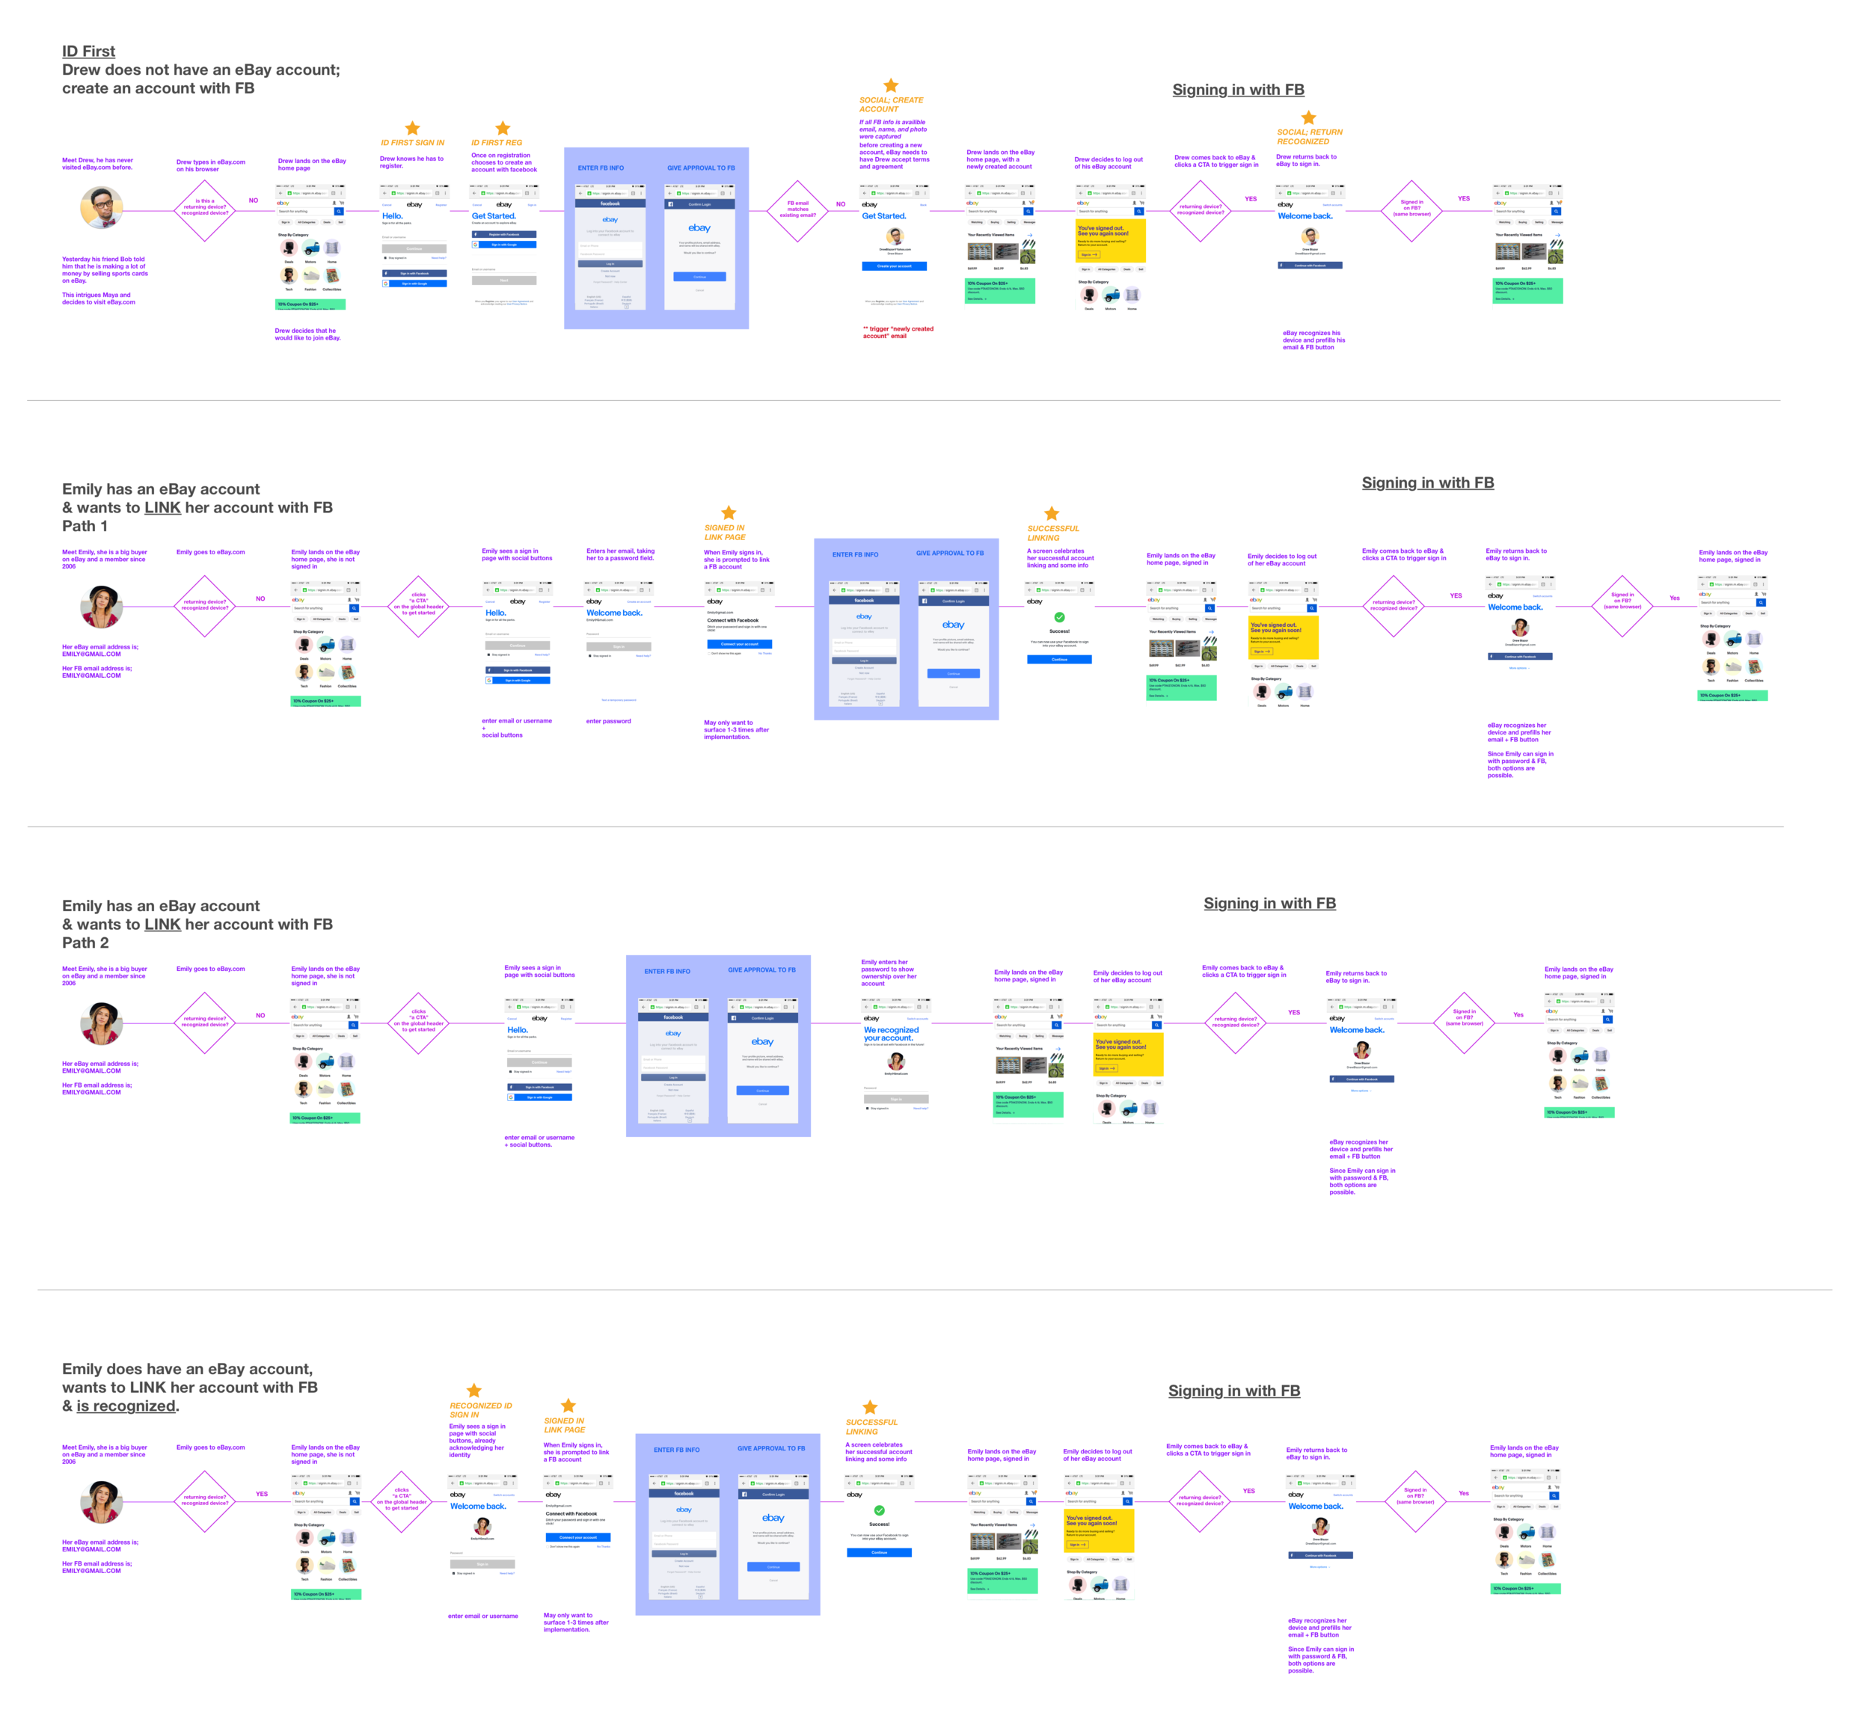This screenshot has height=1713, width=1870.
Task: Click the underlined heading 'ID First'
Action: pos(89,52)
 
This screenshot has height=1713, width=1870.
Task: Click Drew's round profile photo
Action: pos(102,208)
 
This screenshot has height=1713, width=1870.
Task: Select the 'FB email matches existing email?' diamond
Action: pos(797,210)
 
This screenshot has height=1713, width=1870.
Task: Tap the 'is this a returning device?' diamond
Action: pos(205,209)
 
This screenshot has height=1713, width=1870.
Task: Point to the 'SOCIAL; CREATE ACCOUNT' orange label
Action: pos(890,105)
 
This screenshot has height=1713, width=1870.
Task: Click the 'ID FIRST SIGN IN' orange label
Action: pos(412,143)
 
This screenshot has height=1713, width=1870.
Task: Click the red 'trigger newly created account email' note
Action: pos(898,332)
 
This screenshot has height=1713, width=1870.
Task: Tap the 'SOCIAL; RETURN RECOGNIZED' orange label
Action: pos(1309,136)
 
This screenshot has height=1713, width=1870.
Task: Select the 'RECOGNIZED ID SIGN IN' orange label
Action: pos(480,1410)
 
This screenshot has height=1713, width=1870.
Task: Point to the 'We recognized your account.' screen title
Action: pos(890,1033)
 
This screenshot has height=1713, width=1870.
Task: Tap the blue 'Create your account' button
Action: pos(894,266)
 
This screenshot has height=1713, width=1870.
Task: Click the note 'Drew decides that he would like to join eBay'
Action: pos(307,334)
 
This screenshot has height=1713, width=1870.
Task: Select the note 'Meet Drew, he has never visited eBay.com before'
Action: pos(97,164)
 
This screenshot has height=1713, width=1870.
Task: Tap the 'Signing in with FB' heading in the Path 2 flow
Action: pos(1269,904)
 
